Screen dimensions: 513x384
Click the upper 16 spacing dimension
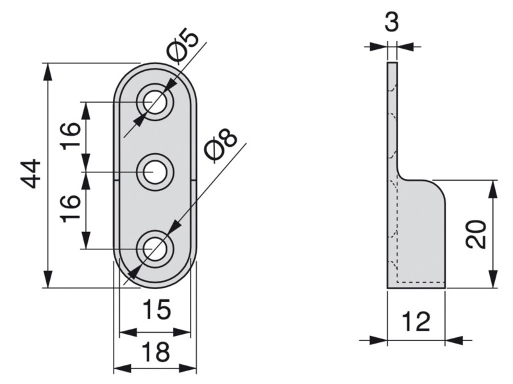71,136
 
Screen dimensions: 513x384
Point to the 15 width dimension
156,309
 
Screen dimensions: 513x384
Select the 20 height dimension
475,234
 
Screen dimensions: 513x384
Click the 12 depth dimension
416,321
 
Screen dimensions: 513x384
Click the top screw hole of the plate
155,102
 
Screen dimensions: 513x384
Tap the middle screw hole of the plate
155,172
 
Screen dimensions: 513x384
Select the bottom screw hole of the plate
155,249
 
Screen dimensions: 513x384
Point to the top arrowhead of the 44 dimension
47,71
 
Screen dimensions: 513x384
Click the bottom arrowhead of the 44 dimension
47,280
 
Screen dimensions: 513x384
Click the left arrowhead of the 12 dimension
378,340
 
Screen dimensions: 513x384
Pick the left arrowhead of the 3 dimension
378,46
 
